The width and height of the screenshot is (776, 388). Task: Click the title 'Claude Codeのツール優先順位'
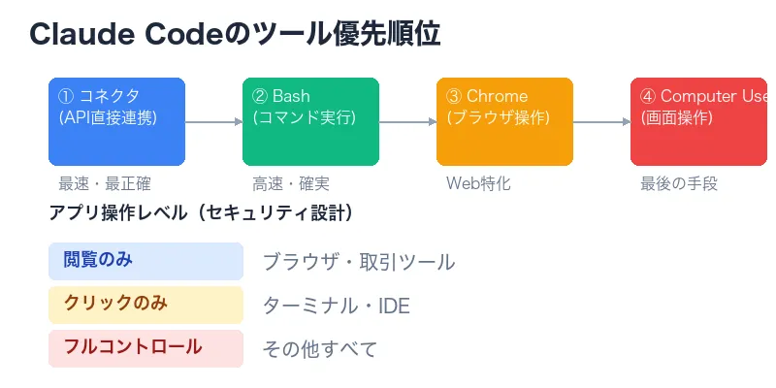click(235, 34)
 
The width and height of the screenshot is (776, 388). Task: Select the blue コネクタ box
click(116, 121)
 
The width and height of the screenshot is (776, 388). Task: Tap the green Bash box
click(310, 121)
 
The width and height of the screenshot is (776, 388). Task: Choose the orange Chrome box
click(504, 121)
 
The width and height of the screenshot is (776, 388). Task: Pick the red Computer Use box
click(698, 121)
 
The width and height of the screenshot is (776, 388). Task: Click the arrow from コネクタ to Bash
click(213, 122)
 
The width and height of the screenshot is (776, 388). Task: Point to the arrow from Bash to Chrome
click(407, 122)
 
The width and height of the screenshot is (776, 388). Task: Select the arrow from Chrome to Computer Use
click(601, 122)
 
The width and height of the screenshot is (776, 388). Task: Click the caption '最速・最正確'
click(105, 183)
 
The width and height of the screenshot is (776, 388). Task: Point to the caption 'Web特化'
click(478, 183)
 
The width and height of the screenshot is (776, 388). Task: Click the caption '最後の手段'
click(679, 183)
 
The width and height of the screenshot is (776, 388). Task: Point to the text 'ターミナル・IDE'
click(337, 307)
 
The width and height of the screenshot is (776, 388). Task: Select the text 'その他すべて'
click(320, 349)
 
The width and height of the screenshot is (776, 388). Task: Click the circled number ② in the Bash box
click(260, 97)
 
